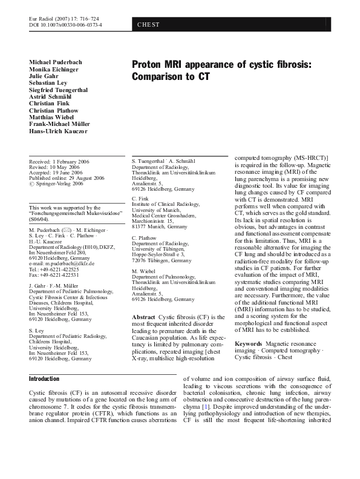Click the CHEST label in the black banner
(148, 25)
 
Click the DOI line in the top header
(65, 25)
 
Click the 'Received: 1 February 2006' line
(62, 160)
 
